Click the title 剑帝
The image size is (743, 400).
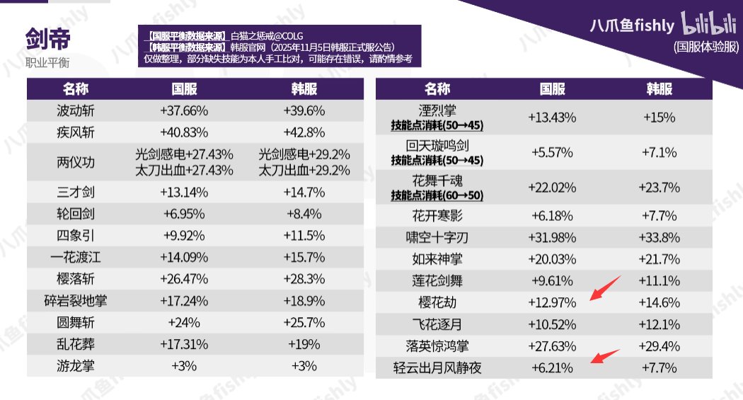tap(47, 40)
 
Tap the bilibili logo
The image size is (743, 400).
tap(710, 24)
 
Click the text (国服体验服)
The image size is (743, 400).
tap(705, 47)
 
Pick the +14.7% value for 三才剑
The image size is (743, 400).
tap(304, 193)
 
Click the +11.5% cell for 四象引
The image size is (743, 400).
tap(304, 236)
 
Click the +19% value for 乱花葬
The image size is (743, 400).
tap(304, 344)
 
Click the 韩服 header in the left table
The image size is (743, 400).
tap(304, 88)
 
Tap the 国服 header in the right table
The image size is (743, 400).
tap(553, 88)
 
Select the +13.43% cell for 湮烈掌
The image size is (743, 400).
tap(553, 118)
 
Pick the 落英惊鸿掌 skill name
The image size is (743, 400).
tap(437, 346)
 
